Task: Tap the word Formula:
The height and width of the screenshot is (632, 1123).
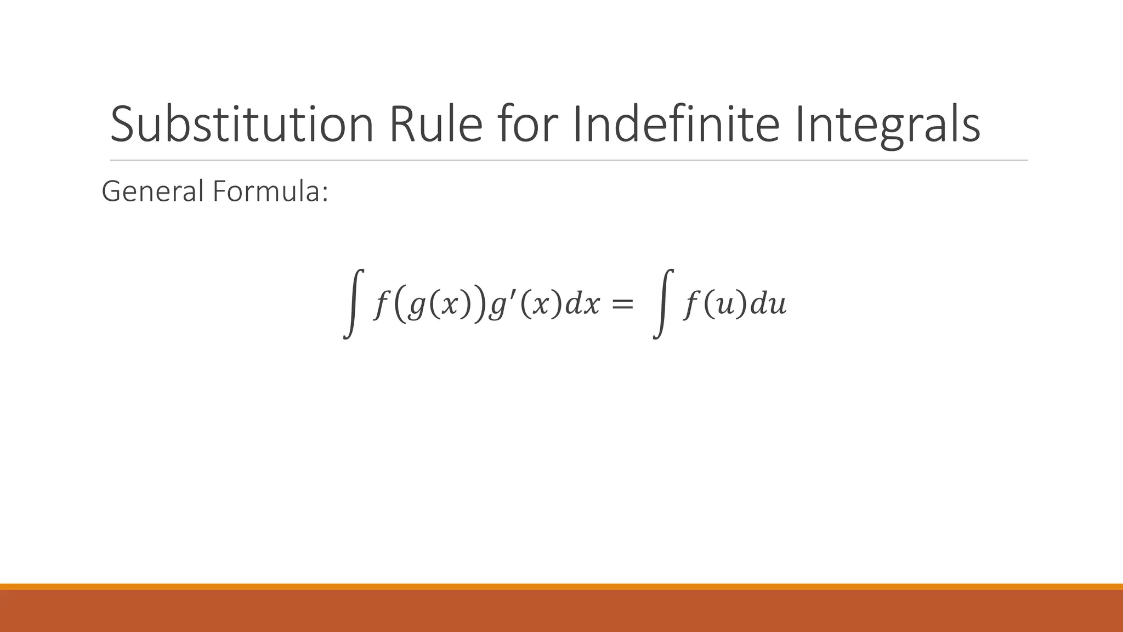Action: click(x=270, y=191)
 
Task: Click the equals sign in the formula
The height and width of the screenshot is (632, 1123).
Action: click(x=622, y=304)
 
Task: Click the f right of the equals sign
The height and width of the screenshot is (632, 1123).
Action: click(x=691, y=304)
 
